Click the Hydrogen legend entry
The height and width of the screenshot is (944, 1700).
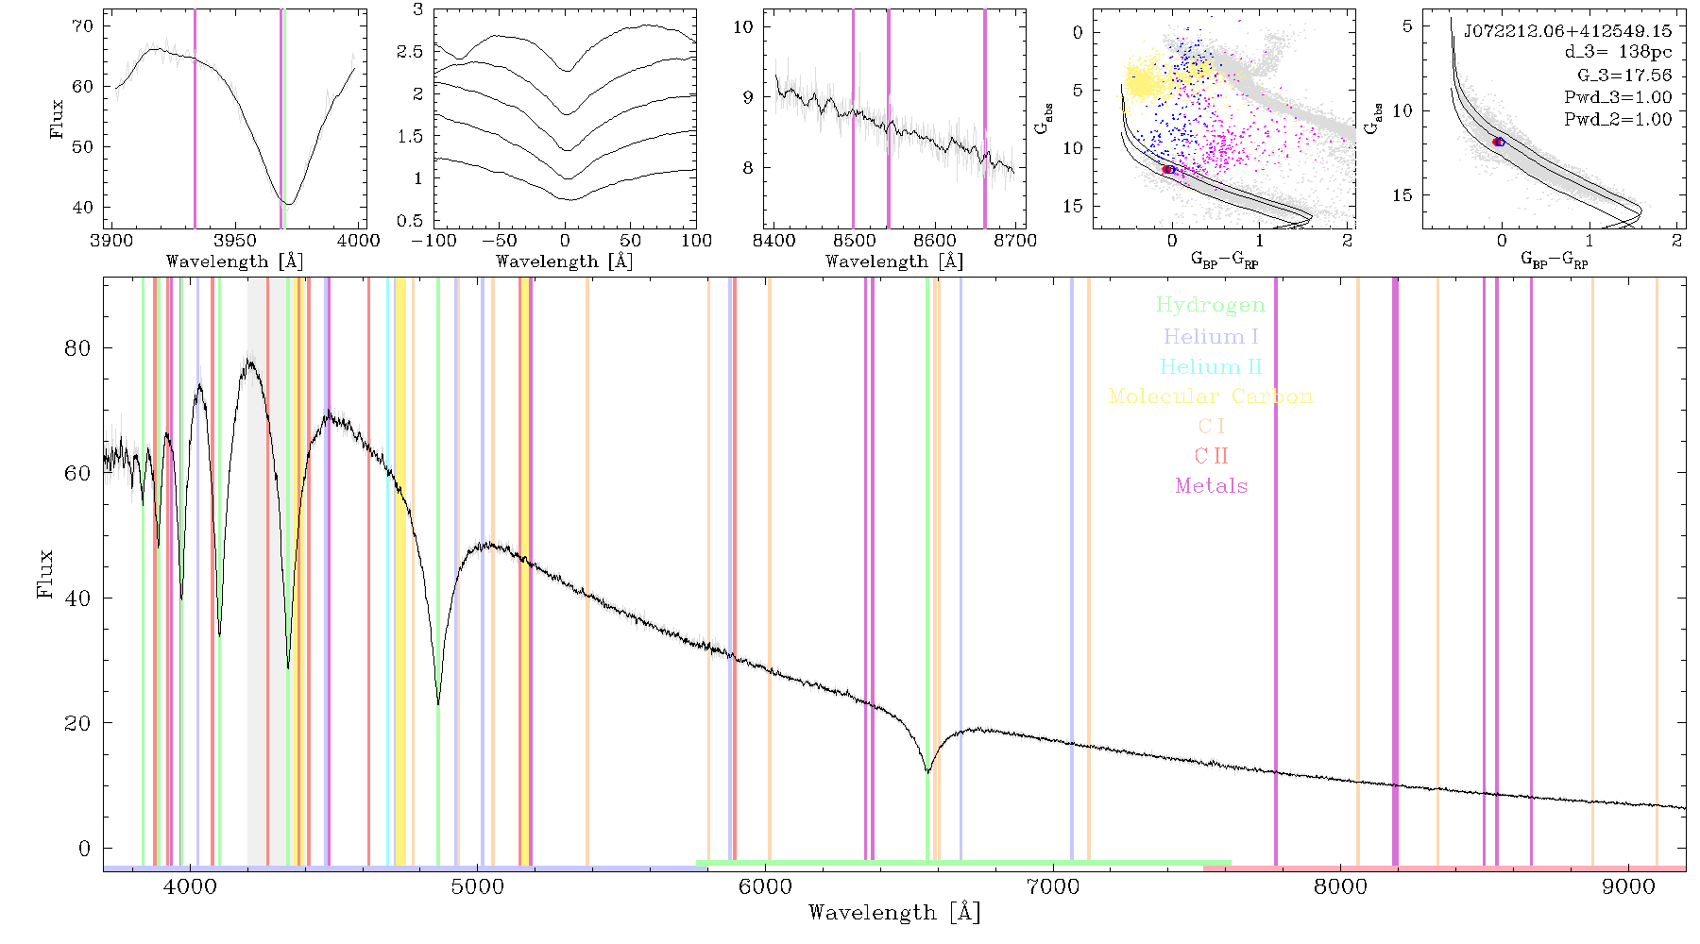(x=1210, y=305)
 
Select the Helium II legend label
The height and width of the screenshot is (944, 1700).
(x=1210, y=366)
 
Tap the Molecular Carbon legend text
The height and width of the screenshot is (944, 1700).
(x=1211, y=396)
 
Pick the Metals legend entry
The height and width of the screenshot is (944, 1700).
(x=1211, y=486)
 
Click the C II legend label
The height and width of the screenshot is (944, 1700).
(x=1211, y=456)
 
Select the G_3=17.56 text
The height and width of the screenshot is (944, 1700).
(x=1624, y=75)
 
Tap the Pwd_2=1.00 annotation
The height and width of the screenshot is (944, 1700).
(x=1618, y=119)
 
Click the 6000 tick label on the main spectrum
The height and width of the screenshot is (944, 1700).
(x=765, y=886)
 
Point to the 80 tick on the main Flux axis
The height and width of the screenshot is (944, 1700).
(x=78, y=348)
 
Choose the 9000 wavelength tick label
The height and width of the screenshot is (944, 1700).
(x=1628, y=886)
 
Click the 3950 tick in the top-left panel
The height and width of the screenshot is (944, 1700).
(x=234, y=241)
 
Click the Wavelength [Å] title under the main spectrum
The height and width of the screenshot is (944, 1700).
(x=894, y=913)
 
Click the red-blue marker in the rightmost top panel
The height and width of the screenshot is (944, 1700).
(x=1499, y=142)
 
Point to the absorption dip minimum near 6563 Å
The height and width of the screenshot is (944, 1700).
(x=927, y=772)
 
